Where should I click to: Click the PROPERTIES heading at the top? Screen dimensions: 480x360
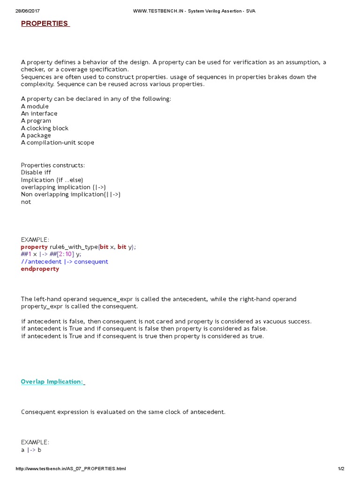coord(45,23)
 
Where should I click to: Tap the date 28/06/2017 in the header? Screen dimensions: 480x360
coord(26,11)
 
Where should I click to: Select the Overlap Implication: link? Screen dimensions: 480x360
coord(52,382)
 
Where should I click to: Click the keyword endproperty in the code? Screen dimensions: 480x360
coord(40,269)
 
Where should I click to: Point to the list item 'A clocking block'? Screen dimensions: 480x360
coord(45,128)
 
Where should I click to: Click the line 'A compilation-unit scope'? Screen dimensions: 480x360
coord(57,142)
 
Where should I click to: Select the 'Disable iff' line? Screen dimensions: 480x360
coord(36,172)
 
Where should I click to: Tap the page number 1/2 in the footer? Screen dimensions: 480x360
coord(341,469)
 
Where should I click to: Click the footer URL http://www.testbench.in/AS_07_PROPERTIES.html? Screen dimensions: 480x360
coord(71,469)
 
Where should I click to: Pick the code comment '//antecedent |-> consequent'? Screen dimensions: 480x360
coord(64,262)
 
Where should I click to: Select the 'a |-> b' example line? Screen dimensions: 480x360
coord(31,450)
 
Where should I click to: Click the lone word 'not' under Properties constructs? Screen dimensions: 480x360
coord(26,202)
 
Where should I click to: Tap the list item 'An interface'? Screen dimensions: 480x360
coord(39,113)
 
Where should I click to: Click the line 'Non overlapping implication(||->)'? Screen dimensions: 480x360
coord(70,195)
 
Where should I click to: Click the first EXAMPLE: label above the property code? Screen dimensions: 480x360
coord(35,240)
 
